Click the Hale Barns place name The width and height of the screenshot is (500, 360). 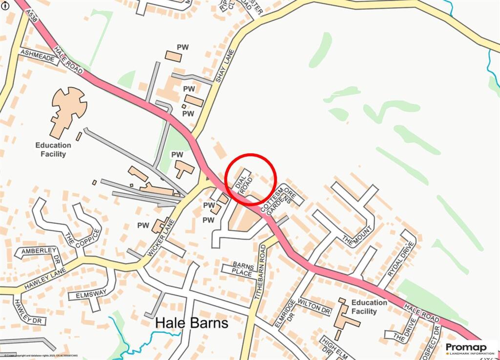point(192,323)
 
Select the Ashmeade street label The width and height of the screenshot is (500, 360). point(37,57)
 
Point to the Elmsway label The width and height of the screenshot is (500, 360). point(87,295)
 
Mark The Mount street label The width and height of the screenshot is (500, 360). point(354,237)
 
